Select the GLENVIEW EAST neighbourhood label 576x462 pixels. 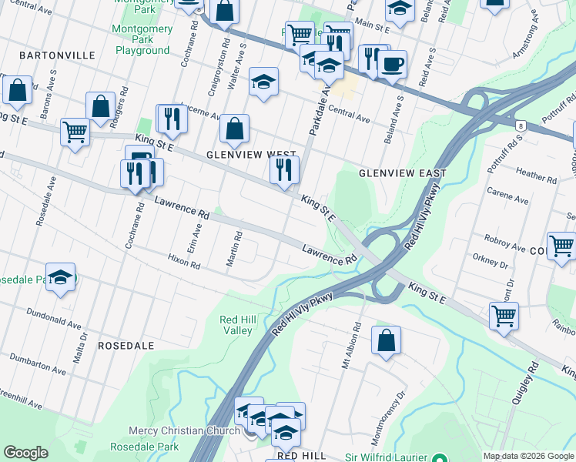tap(392, 173)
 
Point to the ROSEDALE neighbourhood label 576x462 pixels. tap(128, 346)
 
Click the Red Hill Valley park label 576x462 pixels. tap(236, 325)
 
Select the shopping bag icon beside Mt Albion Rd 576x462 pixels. tap(386, 340)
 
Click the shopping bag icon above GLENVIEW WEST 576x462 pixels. tap(234, 129)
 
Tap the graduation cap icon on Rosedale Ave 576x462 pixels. tap(60, 276)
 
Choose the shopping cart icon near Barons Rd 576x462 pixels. tap(75, 132)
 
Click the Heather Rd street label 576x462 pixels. tap(537, 176)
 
